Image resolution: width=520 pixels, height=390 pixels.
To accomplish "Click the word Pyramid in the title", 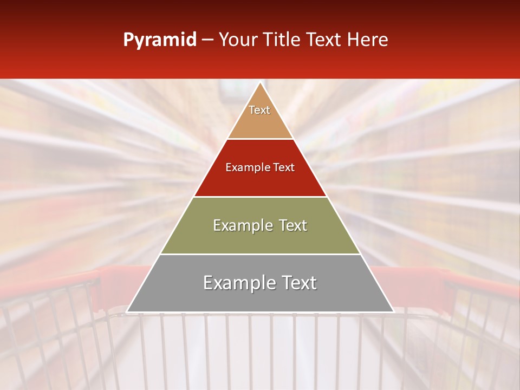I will (160, 40).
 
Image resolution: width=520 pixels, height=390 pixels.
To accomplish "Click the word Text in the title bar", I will (324, 40).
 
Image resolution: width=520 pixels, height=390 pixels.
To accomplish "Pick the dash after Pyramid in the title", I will (207, 40).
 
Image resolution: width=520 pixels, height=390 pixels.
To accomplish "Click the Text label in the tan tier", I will (259, 110).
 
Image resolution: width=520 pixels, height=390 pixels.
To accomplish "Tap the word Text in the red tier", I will (284, 168).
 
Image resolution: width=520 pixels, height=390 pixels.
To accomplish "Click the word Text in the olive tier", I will (294, 225).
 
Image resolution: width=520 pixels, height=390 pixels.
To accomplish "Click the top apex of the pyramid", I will (261, 83).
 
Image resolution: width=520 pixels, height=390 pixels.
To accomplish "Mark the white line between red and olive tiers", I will (261, 197).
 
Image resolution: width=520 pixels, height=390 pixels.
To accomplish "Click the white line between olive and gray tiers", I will (261, 254).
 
